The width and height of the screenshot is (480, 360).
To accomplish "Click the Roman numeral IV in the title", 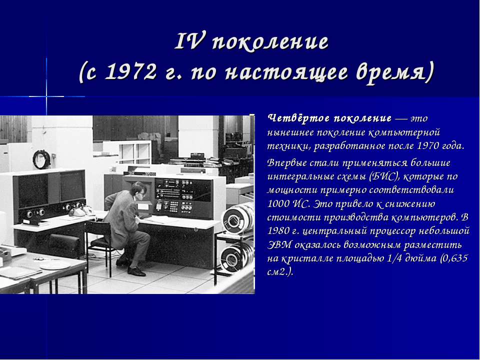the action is [189, 41].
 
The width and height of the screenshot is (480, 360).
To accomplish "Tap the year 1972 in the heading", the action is [130, 72].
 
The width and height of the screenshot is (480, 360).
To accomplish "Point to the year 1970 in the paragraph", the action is [428, 145].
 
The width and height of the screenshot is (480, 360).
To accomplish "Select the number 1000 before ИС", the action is [278, 203].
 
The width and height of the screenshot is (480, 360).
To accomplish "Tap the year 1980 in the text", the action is [278, 231].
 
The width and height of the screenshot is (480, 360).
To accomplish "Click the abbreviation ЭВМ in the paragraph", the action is [278, 244].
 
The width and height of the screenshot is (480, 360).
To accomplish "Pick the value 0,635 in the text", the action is [456, 258].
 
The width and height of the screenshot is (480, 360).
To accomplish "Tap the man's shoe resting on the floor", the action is [136, 271].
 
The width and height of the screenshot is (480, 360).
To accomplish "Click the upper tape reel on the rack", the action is [237, 218].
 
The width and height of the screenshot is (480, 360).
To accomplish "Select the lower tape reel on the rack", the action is [236, 256].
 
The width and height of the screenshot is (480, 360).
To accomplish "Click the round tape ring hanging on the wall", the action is [41, 159].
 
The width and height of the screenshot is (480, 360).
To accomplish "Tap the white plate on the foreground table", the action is [55, 265].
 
